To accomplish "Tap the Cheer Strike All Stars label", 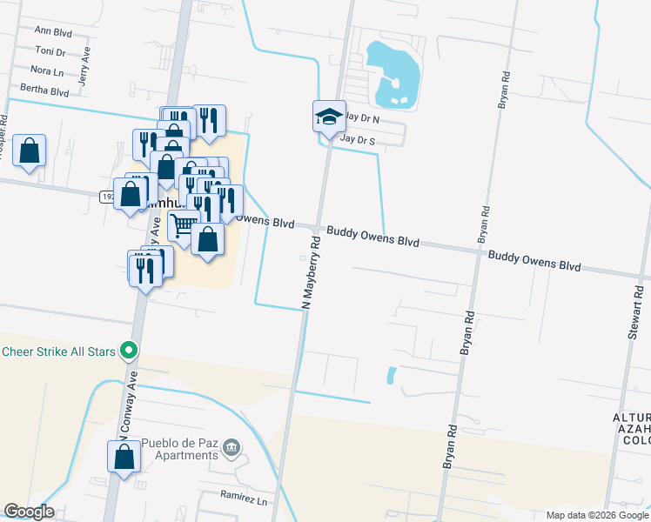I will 60,351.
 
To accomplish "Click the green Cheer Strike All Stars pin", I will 130,351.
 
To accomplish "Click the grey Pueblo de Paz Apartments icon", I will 231,449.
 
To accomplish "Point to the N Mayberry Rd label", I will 312,270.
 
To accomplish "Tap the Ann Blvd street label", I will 51,30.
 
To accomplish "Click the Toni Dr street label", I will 51,51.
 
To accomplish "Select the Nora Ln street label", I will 47,70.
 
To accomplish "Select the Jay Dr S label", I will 358,139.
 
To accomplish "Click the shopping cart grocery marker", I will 184,224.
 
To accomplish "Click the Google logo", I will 29,512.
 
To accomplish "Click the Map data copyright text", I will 597,515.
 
